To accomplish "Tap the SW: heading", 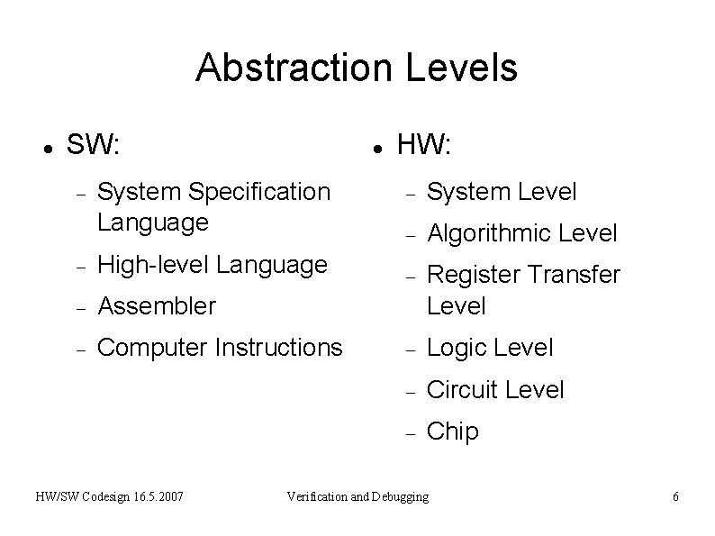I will point(95,143).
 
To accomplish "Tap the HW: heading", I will point(425,143).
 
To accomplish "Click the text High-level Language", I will point(212,265).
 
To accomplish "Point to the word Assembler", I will point(157,306).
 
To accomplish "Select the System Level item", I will point(502,192).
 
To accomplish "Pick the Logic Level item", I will point(490,348).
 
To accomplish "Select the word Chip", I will point(452,432).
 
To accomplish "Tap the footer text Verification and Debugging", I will point(357,496).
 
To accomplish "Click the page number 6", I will point(675,496).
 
